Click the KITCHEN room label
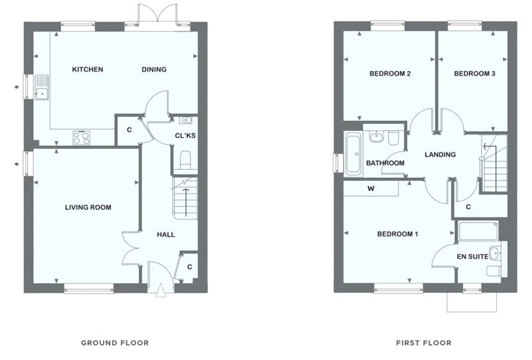pos(87,70)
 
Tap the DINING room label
pos(154,70)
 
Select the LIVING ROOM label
pos(88,208)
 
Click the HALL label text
pos(166,235)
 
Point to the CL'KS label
pos(184,136)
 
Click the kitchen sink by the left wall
pos(41,87)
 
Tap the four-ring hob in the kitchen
pos(83,138)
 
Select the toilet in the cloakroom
pos(186,160)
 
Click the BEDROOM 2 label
pos(389,74)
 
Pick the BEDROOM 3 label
pos(474,74)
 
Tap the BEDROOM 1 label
pos(398,234)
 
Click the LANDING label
pos(440,155)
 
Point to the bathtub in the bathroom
pos(352,154)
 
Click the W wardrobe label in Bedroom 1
pos(370,188)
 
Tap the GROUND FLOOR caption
pos(114,343)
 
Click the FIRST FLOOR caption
pos(424,343)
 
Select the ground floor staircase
pos(186,198)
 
